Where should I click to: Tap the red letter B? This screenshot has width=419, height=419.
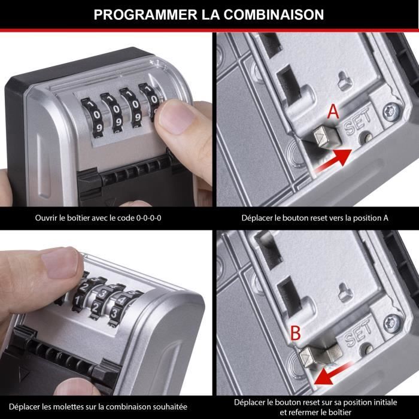point(295,333)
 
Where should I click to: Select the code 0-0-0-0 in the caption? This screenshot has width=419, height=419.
point(146,217)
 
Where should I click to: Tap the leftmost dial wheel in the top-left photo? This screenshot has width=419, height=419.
point(90,114)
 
